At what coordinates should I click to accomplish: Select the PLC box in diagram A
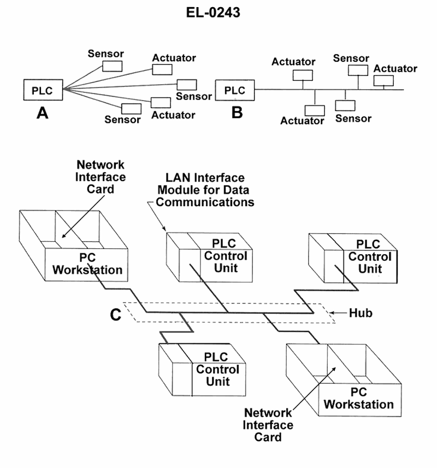pyautogui.click(x=42, y=90)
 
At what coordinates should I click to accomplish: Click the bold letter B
pyautogui.click(x=237, y=112)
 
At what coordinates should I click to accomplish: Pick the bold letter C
pyautogui.click(x=116, y=315)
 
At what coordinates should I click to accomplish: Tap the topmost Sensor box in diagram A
pyautogui.click(x=112, y=66)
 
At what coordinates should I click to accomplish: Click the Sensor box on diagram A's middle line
pyautogui.click(x=187, y=85)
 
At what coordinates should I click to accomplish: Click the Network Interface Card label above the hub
pyautogui.click(x=101, y=177)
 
